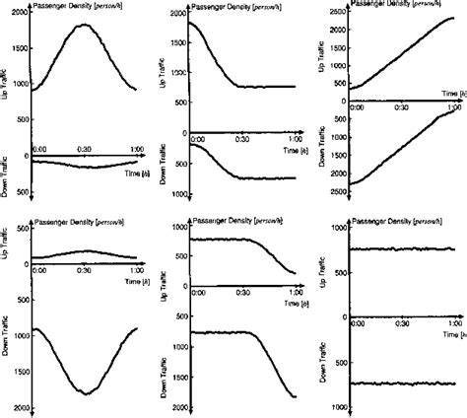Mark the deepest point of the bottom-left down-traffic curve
pos(85,393)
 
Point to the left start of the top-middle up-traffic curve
pos(192,23)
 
